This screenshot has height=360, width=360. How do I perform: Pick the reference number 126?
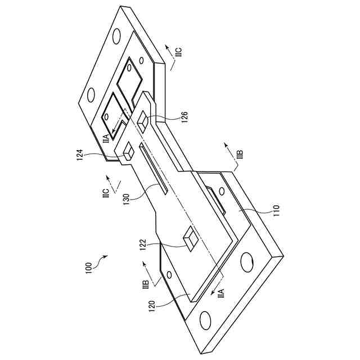[185, 117]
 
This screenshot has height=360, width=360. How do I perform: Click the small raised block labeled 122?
[191, 238]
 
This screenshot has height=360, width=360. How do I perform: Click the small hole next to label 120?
[168, 276]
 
